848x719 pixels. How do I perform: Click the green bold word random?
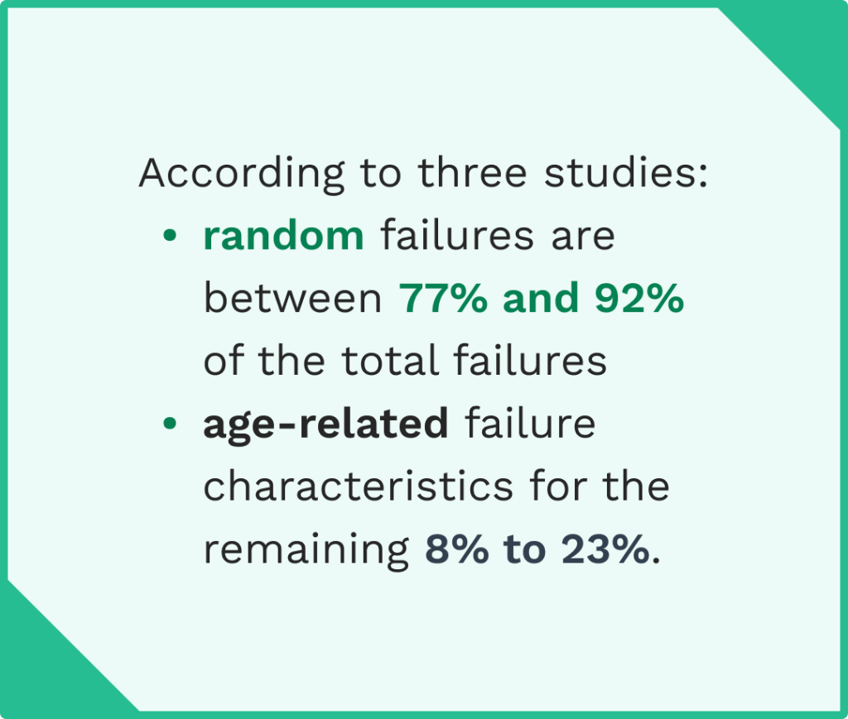[x=283, y=237]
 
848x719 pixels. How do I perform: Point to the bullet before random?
[x=170, y=237]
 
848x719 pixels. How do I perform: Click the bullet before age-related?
[x=170, y=424]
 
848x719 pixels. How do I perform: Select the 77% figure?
[x=444, y=300]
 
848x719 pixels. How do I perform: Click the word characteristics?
[x=347, y=487]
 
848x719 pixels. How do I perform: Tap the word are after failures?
[x=585, y=237]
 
